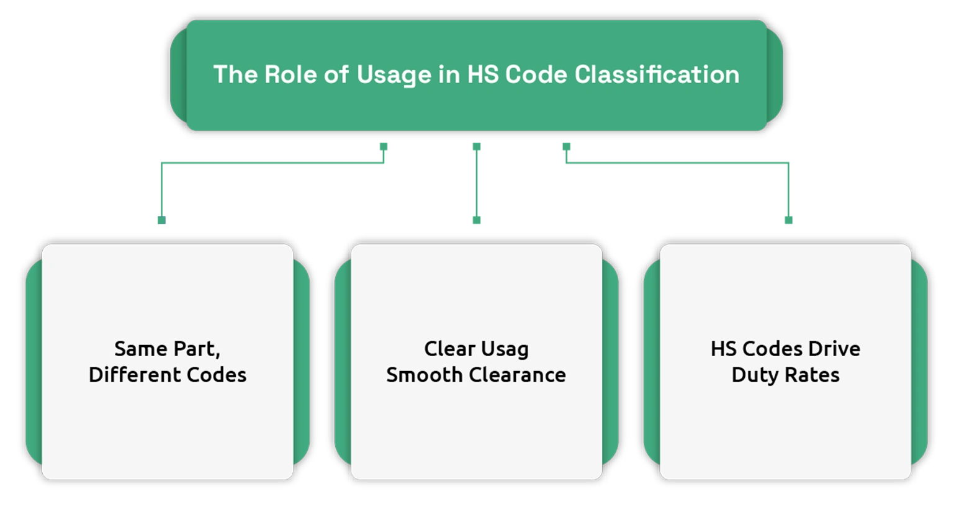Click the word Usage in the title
tap(393, 76)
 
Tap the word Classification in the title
tap(657, 74)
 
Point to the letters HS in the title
tap(483, 74)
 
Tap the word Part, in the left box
tap(197, 349)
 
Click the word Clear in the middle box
tap(450, 349)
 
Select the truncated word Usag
tap(505, 351)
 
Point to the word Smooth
tap(424, 375)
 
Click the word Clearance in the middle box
tap(518, 375)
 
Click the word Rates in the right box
tap(812, 375)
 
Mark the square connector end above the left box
tap(161, 220)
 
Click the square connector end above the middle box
tap(477, 220)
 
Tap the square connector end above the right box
tap(788, 220)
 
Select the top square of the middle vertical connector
tap(477, 146)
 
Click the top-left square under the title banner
tap(384, 146)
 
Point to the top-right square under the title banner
tap(567, 146)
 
